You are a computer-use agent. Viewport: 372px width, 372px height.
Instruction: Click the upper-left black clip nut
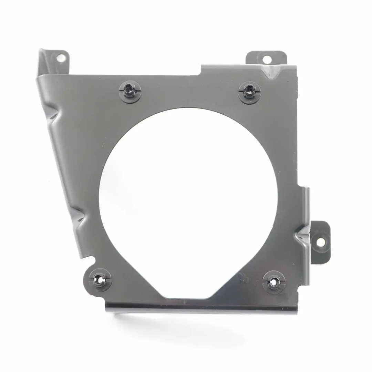pos(130,91)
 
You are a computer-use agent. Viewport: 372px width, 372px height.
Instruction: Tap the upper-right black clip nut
pos(249,92)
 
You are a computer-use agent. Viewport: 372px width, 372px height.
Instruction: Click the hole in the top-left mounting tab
pos(61,58)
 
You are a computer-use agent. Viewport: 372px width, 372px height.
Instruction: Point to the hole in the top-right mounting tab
pos(266,59)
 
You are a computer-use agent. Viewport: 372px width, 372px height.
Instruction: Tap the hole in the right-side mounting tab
pos(320,242)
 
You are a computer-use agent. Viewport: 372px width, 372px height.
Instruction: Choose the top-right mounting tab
pos(266,58)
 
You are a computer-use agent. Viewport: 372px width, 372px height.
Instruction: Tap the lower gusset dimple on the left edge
pos(79,216)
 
